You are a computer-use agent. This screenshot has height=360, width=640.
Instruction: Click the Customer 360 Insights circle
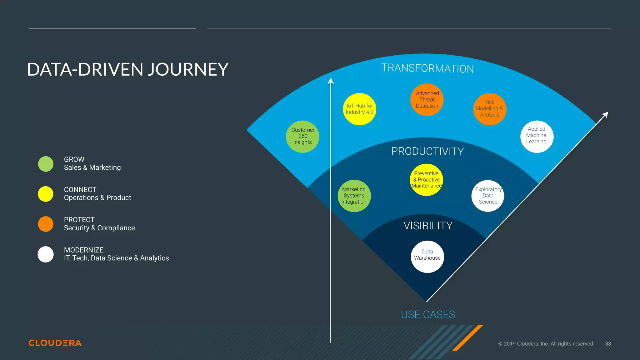(x=302, y=137)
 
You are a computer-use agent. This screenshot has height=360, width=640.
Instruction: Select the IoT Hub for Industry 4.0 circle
(x=359, y=109)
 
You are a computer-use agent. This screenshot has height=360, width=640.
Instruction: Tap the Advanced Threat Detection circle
(x=427, y=100)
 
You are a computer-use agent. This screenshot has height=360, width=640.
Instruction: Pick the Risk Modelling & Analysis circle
(x=489, y=109)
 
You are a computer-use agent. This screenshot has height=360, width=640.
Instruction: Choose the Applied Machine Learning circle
(x=537, y=137)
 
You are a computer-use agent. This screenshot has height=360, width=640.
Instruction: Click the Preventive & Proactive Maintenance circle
(x=426, y=180)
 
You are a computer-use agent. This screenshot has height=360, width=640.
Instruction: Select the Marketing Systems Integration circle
(x=354, y=196)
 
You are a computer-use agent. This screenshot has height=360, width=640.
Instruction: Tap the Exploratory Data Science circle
(x=488, y=196)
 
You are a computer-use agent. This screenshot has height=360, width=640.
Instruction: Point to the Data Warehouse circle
(x=427, y=257)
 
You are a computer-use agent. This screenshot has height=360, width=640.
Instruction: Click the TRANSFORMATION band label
(x=427, y=68)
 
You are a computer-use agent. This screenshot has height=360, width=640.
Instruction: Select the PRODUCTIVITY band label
(x=427, y=152)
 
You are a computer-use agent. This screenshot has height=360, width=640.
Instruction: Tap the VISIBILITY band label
(x=428, y=226)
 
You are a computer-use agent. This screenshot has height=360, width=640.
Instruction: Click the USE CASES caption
(x=428, y=315)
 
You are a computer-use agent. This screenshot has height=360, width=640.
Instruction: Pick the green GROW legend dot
(x=46, y=164)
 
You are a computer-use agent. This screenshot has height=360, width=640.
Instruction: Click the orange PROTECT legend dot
(x=46, y=224)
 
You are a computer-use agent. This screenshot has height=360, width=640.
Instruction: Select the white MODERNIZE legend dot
(x=46, y=254)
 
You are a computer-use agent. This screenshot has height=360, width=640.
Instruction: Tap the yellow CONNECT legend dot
(x=46, y=194)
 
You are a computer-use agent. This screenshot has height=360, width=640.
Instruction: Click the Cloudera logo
(x=55, y=343)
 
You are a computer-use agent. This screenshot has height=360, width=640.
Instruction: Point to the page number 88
(x=608, y=344)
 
